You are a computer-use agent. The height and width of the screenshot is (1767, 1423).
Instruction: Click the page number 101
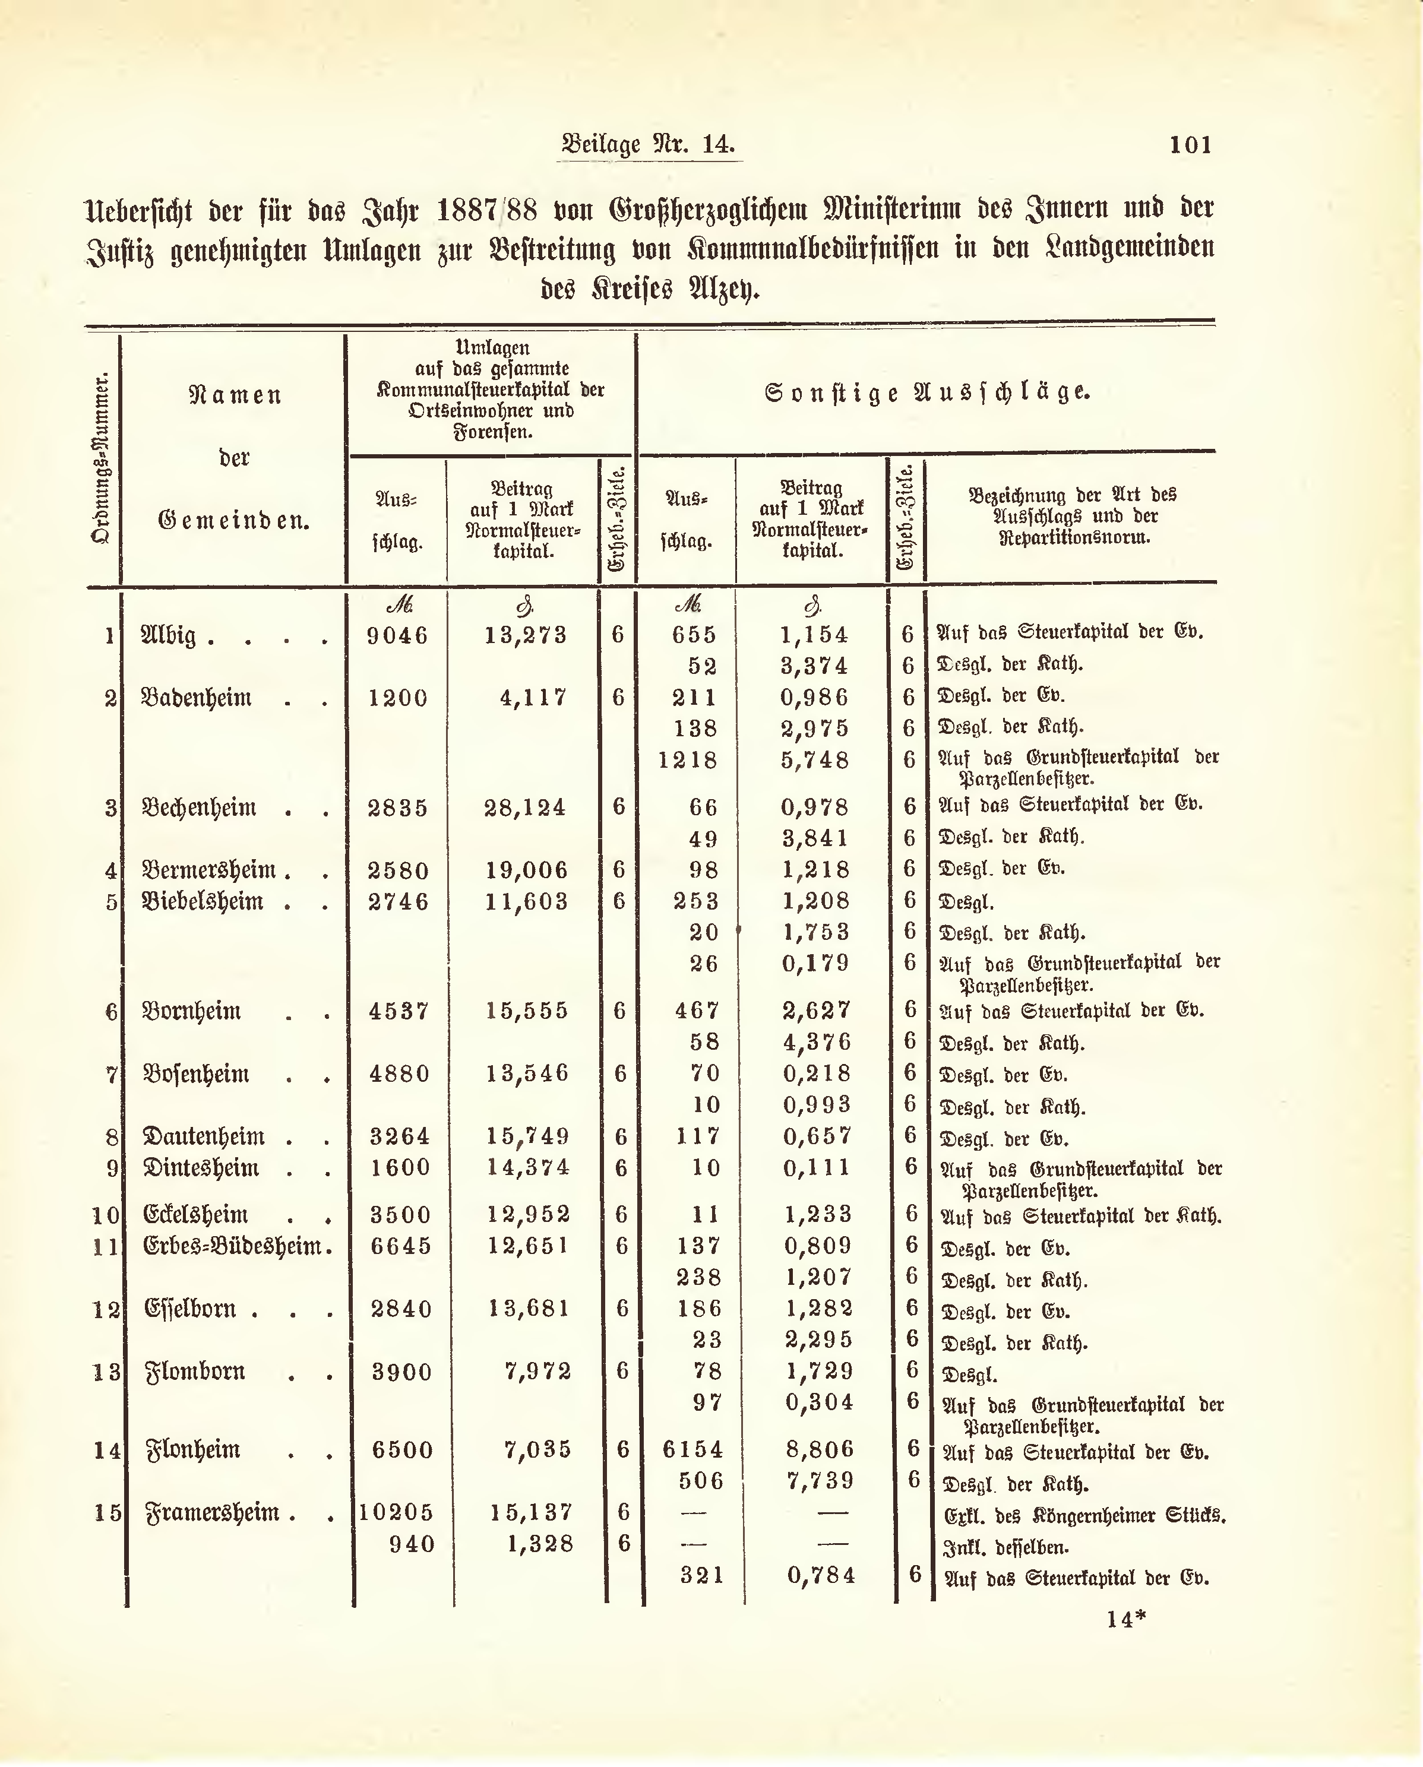(x=1190, y=145)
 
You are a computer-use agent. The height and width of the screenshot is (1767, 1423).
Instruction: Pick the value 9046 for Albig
(x=397, y=636)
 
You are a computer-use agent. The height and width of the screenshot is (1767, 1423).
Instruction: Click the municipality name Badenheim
(x=197, y=698)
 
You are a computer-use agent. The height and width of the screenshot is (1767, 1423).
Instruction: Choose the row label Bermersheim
(x=209, y=870)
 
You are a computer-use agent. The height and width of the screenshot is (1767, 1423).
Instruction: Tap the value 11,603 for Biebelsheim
(x=526, y=901)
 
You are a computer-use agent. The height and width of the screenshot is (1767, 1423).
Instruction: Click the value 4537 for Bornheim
(x=399, y=1011)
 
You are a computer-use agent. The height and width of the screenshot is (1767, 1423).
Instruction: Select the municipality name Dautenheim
(x=204, y=1137)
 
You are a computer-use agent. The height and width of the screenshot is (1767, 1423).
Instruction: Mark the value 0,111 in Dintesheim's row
(x=817, y=1168)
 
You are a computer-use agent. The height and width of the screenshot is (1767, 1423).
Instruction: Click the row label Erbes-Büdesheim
(x=232, y=1246)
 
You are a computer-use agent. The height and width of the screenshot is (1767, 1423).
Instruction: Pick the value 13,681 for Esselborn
(x=529, y=1309)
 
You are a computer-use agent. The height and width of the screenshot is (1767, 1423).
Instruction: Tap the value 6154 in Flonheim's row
(x=692, y=1450)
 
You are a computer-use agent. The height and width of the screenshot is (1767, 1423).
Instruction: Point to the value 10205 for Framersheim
(x=396, y=1512)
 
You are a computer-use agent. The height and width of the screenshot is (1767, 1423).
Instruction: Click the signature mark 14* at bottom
(x=1125, y=1619)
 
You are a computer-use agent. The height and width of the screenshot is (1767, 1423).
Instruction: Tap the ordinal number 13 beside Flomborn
(x=106, y=1372)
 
